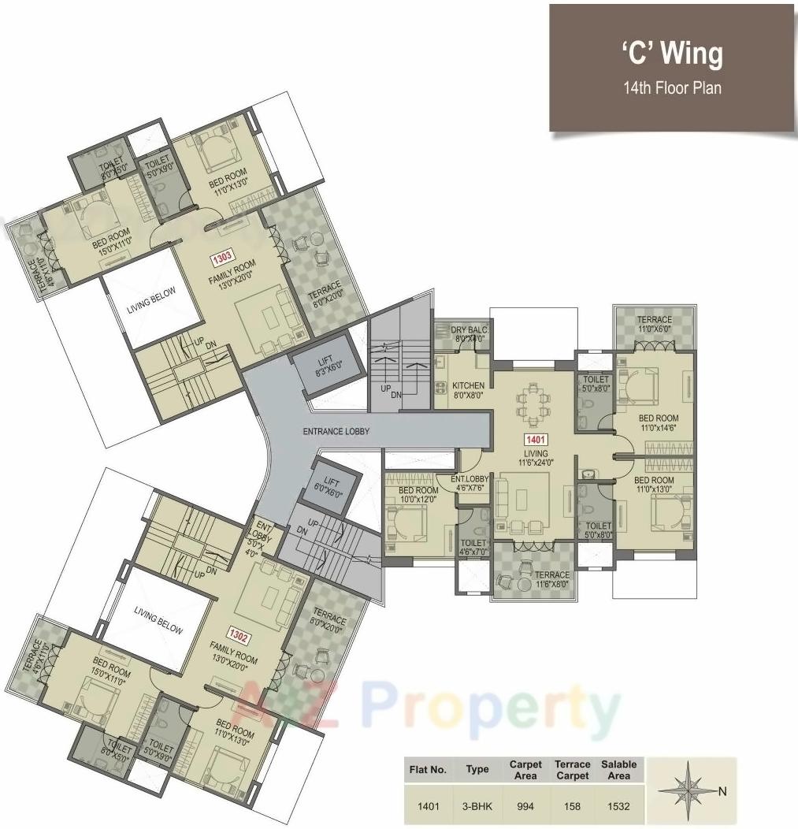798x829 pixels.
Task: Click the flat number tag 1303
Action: click(x=218, y=258)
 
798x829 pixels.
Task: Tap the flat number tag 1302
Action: click(x=239, y=632)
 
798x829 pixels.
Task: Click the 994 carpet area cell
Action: click(x=525, y=806)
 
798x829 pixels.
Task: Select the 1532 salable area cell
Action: click(x=619, y=806)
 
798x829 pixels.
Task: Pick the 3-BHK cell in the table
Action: click(x=477, y=806)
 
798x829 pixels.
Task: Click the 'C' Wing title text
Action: click(x=671, y=54)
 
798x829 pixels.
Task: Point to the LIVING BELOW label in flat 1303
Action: click(x=152, y=310)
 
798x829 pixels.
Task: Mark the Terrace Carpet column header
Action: click(x=573, y=770)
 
